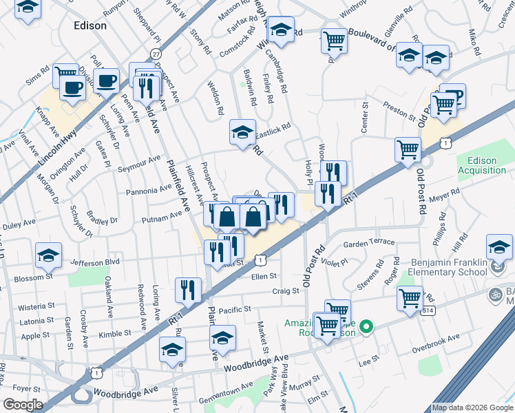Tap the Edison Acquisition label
487,165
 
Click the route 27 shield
156,54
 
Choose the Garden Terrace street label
370,242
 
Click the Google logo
23,405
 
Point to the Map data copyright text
472,407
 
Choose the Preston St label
395,107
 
